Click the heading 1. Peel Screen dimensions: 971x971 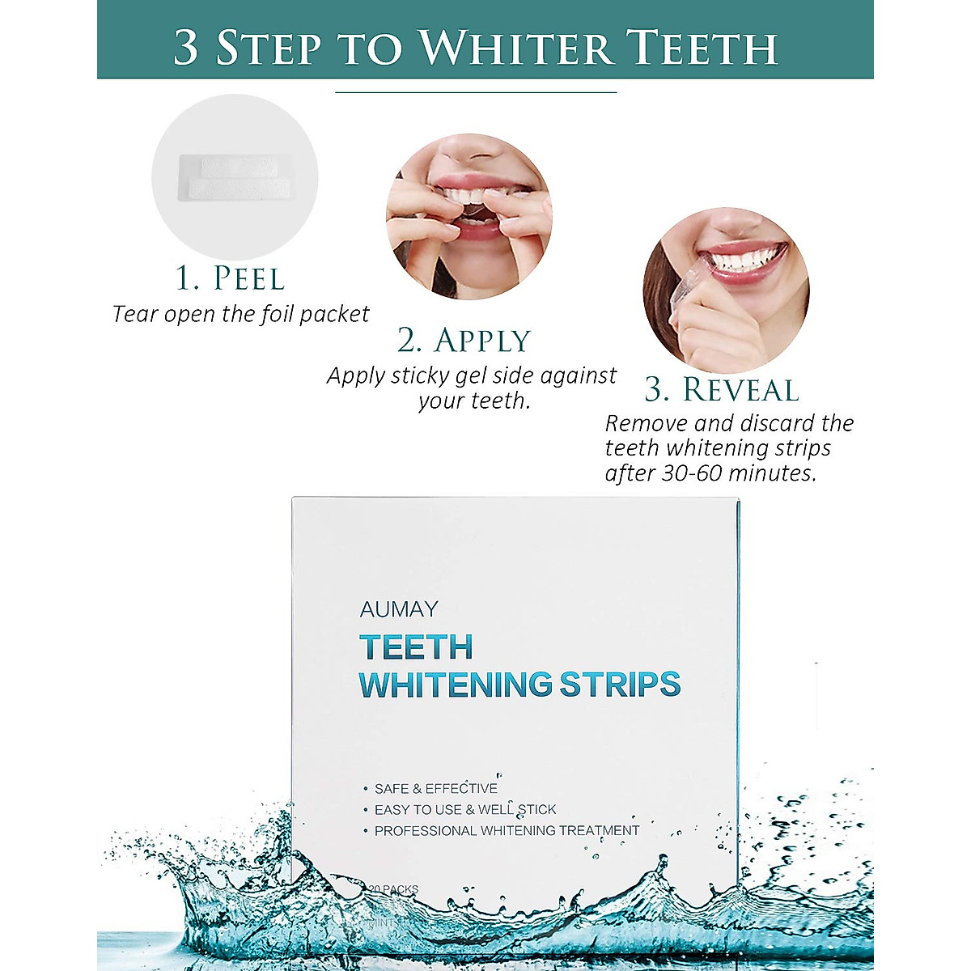[231, 278]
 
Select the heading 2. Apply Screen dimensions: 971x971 [464, 341]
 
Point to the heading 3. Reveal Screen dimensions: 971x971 [722, 390]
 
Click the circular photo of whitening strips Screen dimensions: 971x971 [235, 177]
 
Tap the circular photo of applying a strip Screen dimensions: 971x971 [469, 216]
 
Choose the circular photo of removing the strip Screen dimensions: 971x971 [726, 289]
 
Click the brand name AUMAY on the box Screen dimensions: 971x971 [399, 609]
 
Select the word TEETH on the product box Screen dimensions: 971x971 [416, 647]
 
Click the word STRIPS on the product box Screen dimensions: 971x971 [620, 685]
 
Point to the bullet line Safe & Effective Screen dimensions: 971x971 [435, 789]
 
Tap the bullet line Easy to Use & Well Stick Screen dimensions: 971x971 [464, 810]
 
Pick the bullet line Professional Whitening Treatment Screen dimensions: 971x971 [506, 831]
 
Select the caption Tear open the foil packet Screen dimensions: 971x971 [240, 314]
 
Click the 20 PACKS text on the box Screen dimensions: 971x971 [394, 889]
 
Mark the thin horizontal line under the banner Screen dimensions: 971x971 [476, 93]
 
